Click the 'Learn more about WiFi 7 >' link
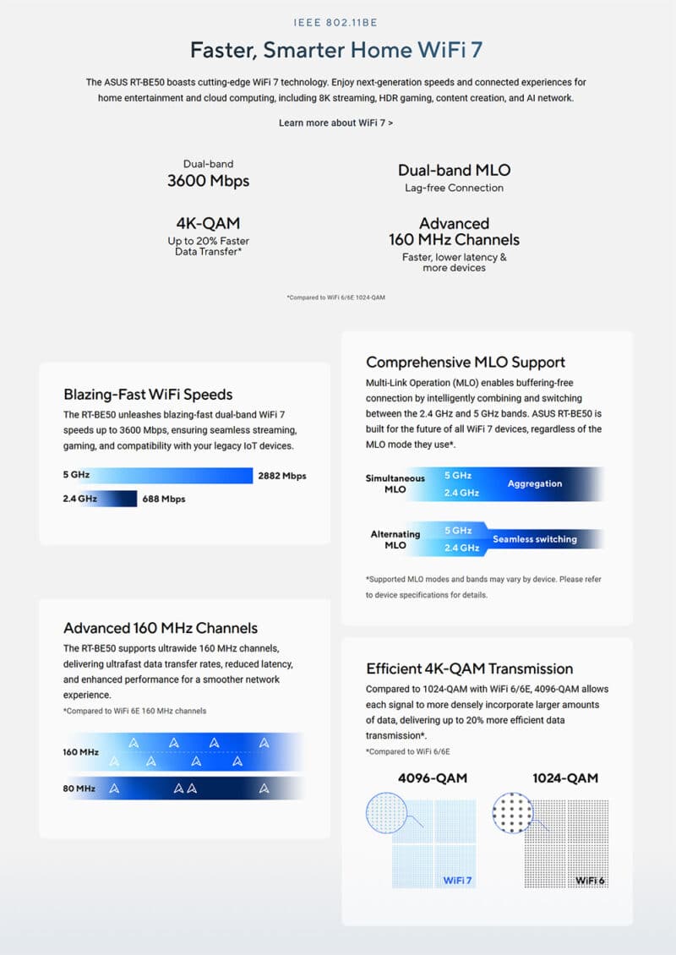[335, 123]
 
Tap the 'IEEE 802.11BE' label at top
[337, 24]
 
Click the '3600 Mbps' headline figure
[208, 180]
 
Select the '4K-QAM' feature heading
[208, 223]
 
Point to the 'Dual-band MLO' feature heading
[454, 170]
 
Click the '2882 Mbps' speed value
[282, 476]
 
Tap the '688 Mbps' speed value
[164, 499]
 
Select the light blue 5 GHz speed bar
[169, 476]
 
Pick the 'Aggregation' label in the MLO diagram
[535, 483]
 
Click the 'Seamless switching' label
[535, 539]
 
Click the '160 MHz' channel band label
[80, 751]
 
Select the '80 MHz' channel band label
[79, 789]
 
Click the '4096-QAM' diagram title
[432, 778]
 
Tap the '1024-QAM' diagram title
[565, 778]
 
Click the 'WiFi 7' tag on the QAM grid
[458, 881]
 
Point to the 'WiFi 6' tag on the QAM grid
[591, 881]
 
